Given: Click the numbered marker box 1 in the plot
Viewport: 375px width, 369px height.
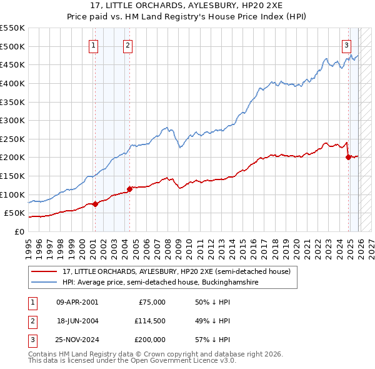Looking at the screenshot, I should coord(93,44).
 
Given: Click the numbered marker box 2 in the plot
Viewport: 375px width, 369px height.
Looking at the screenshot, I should coord(127,44).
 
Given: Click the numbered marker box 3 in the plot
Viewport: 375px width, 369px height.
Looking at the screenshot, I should coord(346,44).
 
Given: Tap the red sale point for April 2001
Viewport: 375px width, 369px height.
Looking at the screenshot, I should coord(95,204).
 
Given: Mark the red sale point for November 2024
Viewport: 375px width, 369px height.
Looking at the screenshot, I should coord(348,158).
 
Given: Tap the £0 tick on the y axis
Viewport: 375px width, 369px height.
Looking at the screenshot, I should coord(19,231).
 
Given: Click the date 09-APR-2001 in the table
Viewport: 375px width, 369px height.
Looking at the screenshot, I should coord(77,301).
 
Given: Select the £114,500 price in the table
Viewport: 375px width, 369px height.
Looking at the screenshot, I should coord(149,321).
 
